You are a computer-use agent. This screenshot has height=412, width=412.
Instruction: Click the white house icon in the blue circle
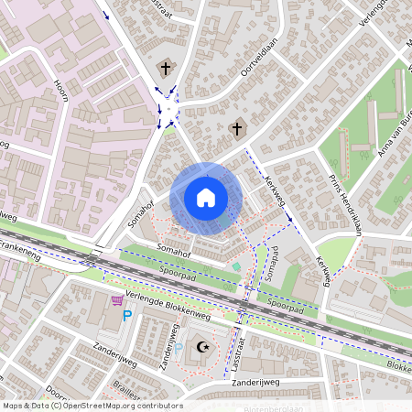point(206,198)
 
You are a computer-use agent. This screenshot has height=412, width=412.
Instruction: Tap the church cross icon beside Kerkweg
point(236,129)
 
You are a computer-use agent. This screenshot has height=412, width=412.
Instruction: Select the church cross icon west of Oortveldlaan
point(166,68)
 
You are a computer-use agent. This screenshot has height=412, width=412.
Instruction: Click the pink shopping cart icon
point(117,300)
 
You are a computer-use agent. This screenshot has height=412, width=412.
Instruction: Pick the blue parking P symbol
point(127,317)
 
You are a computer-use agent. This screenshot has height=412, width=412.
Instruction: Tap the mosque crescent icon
point(202,347)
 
